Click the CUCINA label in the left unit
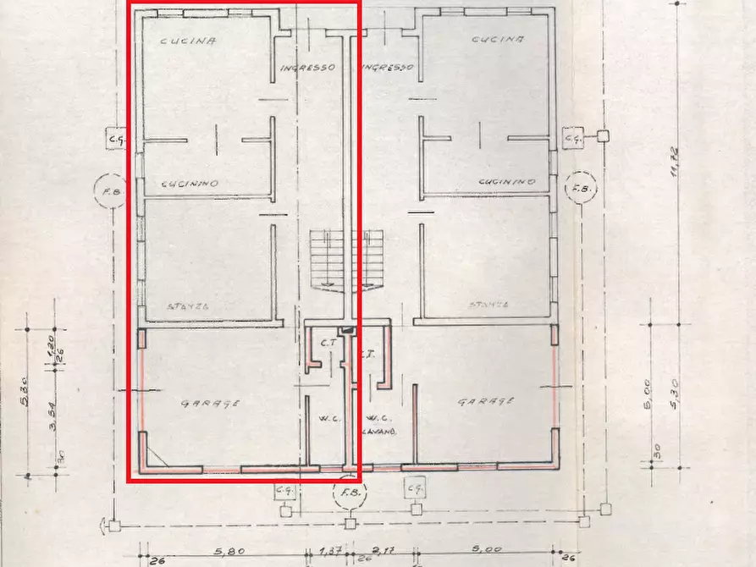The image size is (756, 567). [x=188, y=40]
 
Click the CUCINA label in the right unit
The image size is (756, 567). [x=497, y=40]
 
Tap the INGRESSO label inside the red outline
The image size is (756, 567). [x=307, y=68]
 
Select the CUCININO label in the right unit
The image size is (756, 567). [x=506, y=181]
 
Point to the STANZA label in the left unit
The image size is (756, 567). [x=188, y=306]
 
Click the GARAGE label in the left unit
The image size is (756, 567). [x=210, y=404]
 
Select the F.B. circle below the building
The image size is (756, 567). [x=348, y=496]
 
